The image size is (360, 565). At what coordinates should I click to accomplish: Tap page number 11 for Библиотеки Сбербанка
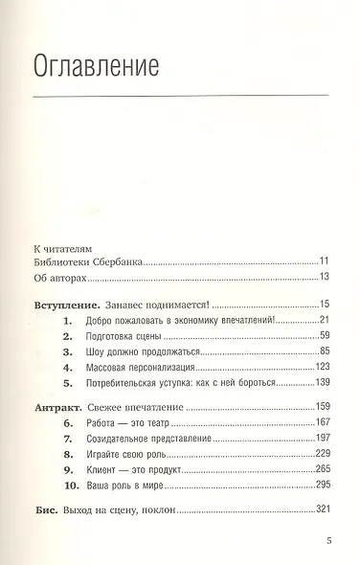click(x=326, y=260)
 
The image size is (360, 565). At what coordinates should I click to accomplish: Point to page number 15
click(x=325, y=304)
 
